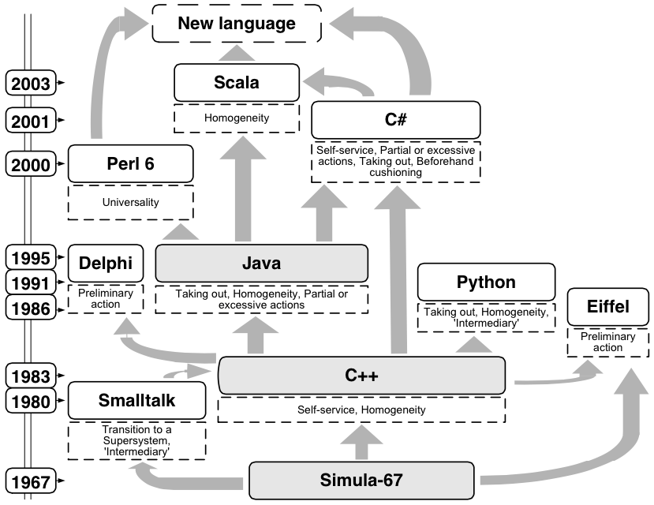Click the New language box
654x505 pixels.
(x=237, y=23)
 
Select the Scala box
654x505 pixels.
(x=237, y=83)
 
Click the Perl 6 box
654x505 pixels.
(x=131, y=163)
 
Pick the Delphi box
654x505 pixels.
(x=107, y=262)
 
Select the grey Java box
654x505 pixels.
(x=262, y=262)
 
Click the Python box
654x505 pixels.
(x=486, y=282)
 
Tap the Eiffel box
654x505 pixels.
(x=608, y=306)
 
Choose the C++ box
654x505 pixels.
(x=362, y=375)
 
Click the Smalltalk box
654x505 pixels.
(x=137, y=400)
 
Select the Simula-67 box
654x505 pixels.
(x=363, y=480)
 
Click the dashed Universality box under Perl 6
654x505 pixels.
(x=131, y=203)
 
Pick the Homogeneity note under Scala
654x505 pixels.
(x=237, y=118)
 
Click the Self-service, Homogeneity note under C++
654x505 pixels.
(x=362, y=410)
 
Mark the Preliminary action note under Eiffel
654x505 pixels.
(x=608, y=342)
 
